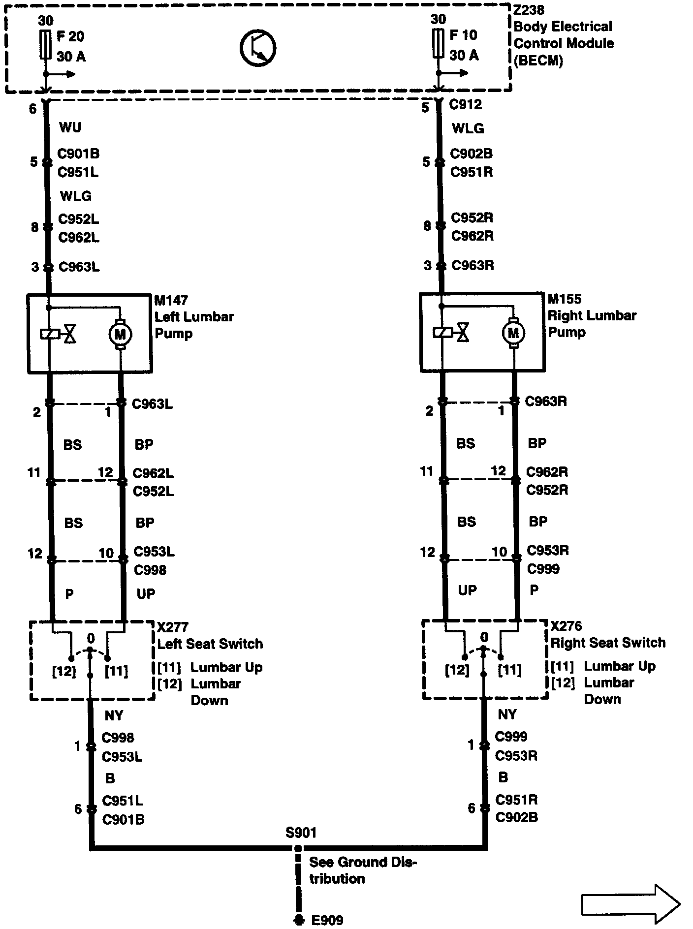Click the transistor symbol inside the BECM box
click(x=258, y=48)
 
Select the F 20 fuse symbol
click(x=45, y=45)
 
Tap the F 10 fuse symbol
click(x=438, y=44)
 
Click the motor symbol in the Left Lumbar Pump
click(x=120, y=335)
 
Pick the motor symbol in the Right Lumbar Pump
click(x=513, y=333)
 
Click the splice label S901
click(x=301, y=833)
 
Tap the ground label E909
click(x=327, y=920)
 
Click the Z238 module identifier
click(x=530, y=10)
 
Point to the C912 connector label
click(x=466, y=104)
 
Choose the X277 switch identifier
click(x=172, y=627)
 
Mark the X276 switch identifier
click(x=566, y=626)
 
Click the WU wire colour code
click(x=70, y=127)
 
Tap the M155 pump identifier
click(x=565, y=299)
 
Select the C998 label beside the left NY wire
click(x=118, y=738)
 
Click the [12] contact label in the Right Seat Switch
click(x=457, y=670)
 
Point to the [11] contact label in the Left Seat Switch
click(x=117, y=671)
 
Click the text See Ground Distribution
click(x=362, y=870)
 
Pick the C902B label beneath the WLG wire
click(x=472, y=154)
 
